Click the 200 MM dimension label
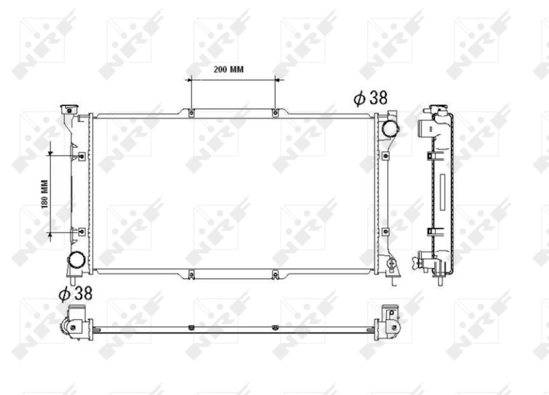(229, 70)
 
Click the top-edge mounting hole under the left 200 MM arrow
(191, 112)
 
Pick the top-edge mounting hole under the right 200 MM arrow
(275, 112)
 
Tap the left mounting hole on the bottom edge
(191, 276)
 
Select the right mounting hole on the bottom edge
(275, 276)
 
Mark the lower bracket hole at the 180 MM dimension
(81, 233)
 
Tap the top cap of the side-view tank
(437, 109)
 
